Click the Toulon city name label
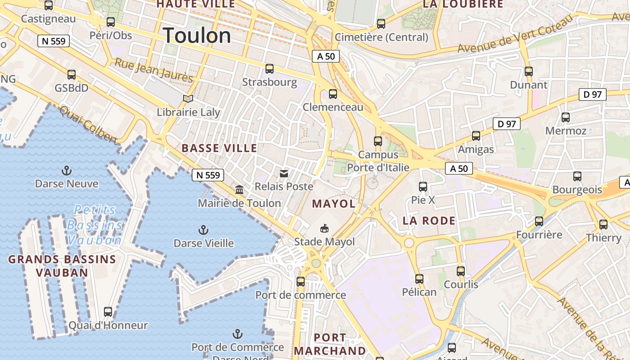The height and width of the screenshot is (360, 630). tap(197, 36)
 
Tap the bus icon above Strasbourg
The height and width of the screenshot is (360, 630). tap(270, 69)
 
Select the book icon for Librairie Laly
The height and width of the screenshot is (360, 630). tap(188, 99)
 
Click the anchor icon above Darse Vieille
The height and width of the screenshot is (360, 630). tap(203, 230)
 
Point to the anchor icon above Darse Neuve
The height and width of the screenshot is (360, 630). tap(67, 171)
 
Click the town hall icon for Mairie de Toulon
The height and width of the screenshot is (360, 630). tap(239, 190)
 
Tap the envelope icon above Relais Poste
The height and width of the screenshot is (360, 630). tap(284, 173)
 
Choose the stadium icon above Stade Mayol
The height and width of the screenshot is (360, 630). tap(324, 229)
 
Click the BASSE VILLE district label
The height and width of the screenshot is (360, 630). tap(219, 148)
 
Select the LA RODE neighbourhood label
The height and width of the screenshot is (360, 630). tap(429, 220)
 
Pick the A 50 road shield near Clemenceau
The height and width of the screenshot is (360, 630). tap(326, 56)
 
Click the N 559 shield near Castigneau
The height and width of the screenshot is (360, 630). tap(54, 41)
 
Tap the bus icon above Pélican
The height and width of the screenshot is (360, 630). tap(419, 279)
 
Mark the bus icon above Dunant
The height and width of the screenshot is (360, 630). tap(529, 72)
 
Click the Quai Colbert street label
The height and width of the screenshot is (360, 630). tap(88, 125)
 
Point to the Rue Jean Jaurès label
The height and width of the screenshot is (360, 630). tap(154, 70)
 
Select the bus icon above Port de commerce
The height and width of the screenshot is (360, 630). tap(301, 282)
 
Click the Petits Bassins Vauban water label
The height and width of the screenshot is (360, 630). tap(94, 225)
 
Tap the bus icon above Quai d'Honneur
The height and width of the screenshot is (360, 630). tap(108, 312)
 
